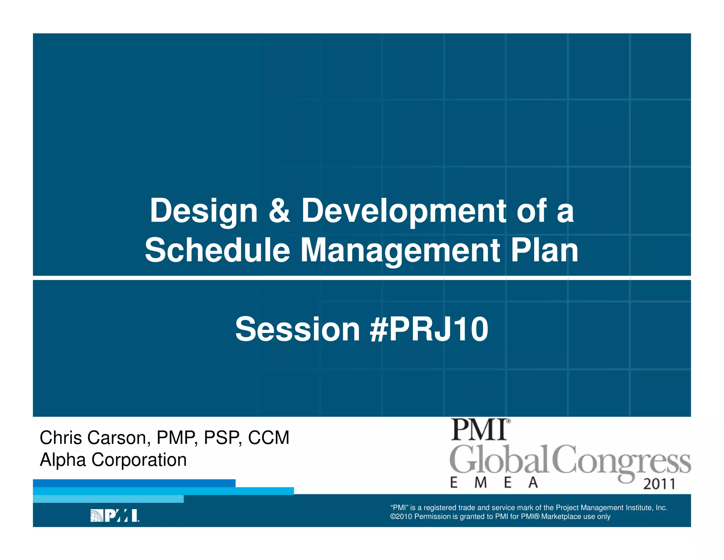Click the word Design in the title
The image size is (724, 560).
pos(204,211)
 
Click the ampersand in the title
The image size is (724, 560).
pos(279,211)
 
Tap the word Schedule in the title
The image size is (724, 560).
pos(217,250)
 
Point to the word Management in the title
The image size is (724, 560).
pos(400,250)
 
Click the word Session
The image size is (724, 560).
pos(297,330)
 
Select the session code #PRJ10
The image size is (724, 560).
pos(429,330)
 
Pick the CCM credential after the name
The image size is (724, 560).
pos(269,438)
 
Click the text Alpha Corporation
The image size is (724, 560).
pos(113,460)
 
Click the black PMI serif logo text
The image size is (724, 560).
pos(479,430)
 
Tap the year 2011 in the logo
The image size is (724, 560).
pos(659,484)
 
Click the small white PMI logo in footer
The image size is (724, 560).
pos(115,516)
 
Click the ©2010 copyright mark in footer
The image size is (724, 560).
pos(401,516)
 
